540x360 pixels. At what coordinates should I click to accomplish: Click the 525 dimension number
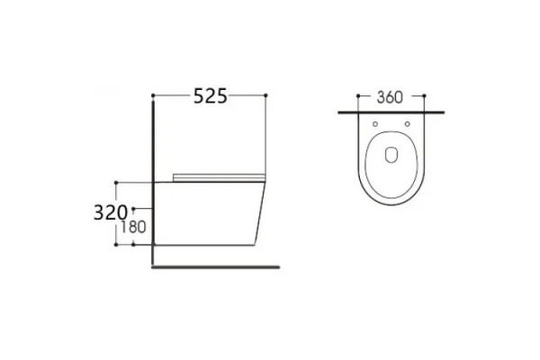(211, 95)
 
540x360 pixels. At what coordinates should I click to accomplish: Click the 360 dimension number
(390, 97)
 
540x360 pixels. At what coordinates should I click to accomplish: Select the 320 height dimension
(111, 212)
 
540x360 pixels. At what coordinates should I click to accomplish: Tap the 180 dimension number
(133, 227)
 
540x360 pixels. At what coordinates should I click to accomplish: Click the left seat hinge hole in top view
(375, 124)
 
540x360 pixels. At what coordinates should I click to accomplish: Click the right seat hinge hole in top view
(408, 124)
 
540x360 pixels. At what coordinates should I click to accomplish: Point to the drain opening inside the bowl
(391, 155)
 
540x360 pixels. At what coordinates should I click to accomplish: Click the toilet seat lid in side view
(219, 177)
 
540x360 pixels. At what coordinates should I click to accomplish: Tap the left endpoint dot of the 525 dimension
(153, 95)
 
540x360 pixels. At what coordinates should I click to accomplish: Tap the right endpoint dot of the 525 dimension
(265, 95)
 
